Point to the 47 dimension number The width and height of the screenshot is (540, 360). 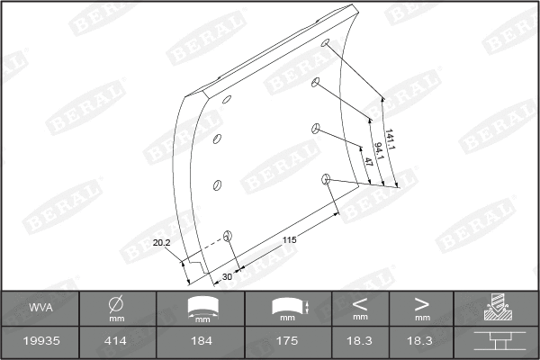[x=369, y=163]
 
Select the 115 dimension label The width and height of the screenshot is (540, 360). [x=290, y=239]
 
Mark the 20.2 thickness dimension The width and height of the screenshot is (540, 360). [x=161, y=243]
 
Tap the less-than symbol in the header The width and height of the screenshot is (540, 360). [x=360, y=304]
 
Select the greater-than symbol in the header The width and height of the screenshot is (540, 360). [x=421, y=304]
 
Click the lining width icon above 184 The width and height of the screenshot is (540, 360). [x=202, y=307]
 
